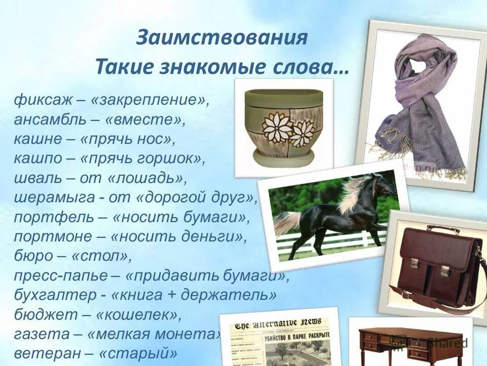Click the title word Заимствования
point(222,38)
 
